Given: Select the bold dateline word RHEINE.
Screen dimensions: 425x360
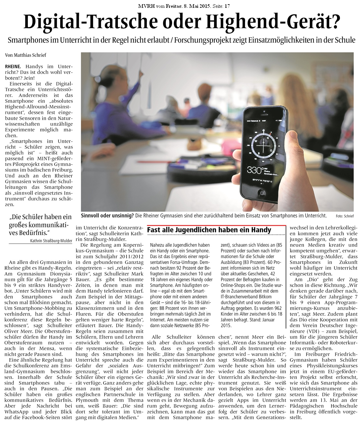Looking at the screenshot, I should [x=13, y=66].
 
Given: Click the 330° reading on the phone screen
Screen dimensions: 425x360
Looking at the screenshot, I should [x=255, y=170].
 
